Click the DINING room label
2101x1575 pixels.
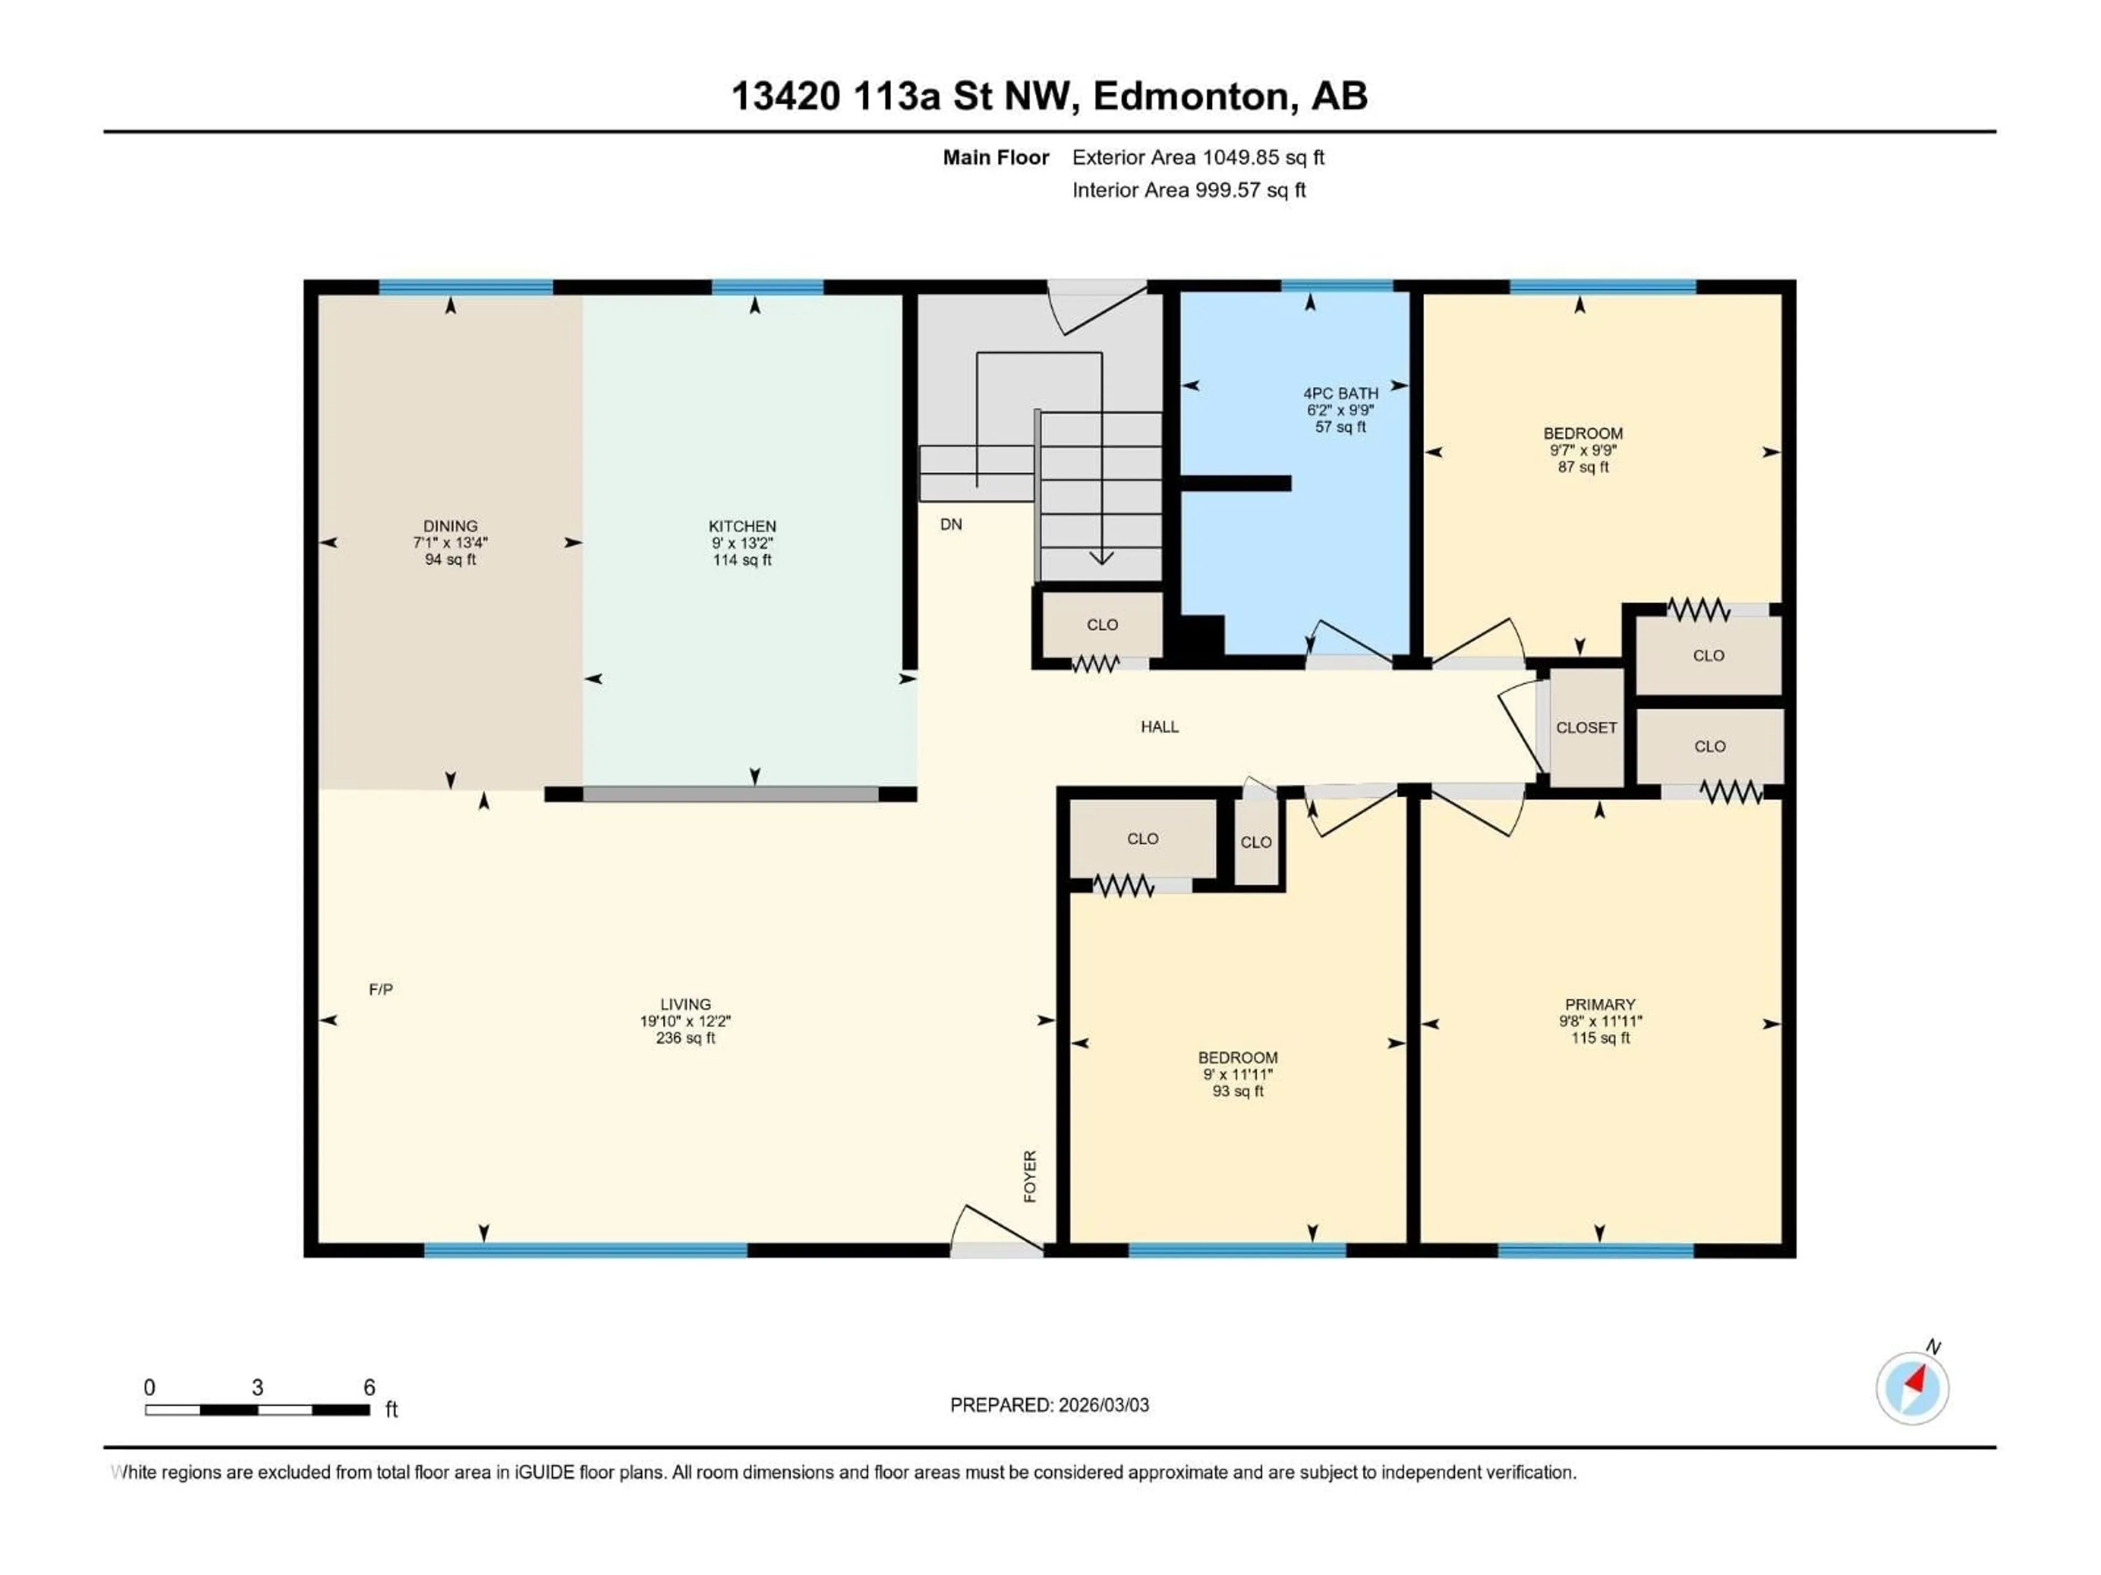(450, 526)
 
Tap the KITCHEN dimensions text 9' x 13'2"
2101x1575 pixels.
(742, 543)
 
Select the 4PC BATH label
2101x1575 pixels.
(1340, 393)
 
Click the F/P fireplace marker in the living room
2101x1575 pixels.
(380, 989)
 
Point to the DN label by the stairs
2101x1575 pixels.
(951, 524)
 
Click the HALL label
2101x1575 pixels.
(1159, 727)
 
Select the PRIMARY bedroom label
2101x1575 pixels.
(1599, 1005)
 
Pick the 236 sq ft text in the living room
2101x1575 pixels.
(685, 1039)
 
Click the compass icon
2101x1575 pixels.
(1912, 1388)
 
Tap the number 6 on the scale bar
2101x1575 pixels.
(369, 1387)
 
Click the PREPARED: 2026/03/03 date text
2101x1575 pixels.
(1049, 1405)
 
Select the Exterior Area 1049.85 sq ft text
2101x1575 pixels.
(1198, 157)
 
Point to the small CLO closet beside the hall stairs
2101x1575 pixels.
(1102, 625)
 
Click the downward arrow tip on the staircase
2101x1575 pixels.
(1101, 558)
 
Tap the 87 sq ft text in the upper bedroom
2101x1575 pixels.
(1582, 467)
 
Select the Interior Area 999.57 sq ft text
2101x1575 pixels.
(1188, 190)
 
